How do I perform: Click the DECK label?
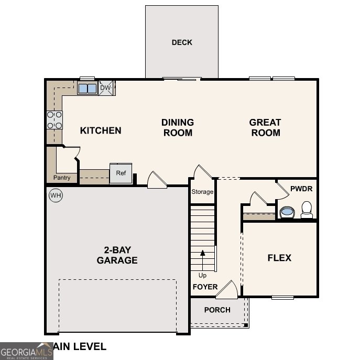(x=182, y=42)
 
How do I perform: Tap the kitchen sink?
(x=88, y=89)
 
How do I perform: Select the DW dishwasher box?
(x=106, y=88)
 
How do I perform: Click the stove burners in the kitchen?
(x=54, y=120)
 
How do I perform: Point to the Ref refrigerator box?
(x=121, y=173)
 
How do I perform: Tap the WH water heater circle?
(x=56, y=196)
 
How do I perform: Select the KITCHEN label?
(x=101, y=130)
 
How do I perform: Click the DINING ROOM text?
(x=178, y=127)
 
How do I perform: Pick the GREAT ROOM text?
(x=265, y=127)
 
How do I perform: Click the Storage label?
(x=202, y=192)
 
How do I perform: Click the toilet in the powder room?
(x=307, y=210)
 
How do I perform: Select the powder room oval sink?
(x=287, y=212)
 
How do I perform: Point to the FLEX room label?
(x=279, y=258)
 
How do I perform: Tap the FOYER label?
(x=205, y=287)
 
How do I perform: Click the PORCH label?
(x=217, y=310)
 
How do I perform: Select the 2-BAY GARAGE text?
(x=117, y=255)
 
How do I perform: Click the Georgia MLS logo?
(x=26, y=351)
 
